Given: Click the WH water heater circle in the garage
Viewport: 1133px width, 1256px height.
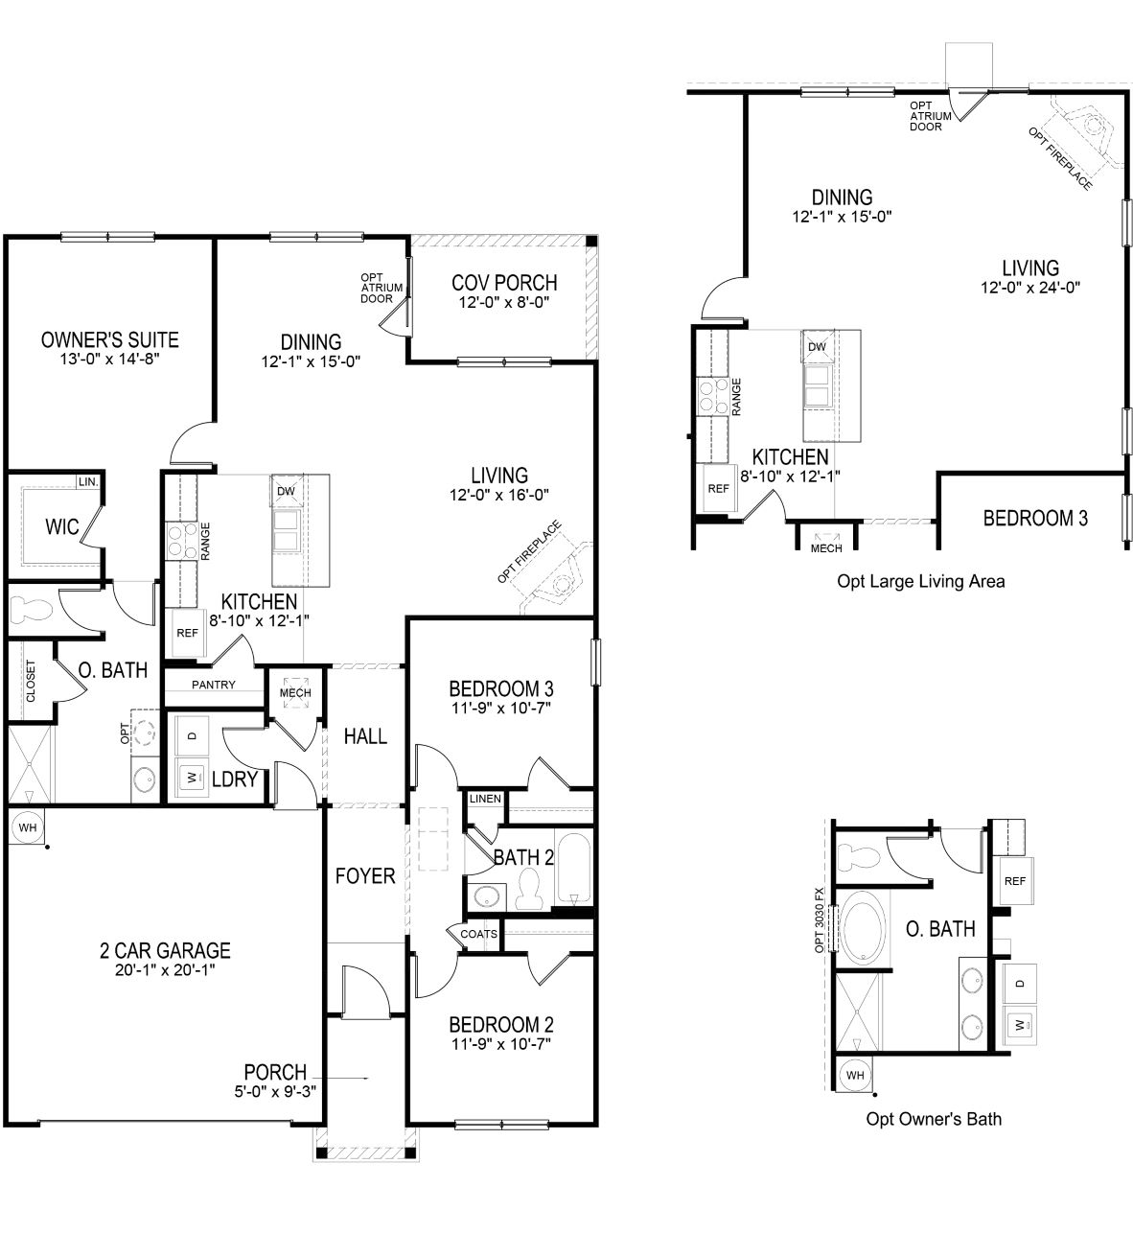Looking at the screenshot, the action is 28,827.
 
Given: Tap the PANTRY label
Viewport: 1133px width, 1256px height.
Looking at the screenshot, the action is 214,685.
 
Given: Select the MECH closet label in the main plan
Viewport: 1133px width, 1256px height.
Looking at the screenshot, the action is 295,693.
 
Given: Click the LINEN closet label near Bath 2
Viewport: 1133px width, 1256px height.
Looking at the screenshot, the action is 485,799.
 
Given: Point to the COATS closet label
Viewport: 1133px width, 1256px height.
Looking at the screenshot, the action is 479,934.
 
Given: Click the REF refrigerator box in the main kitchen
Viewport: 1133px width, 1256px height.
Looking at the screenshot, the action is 188,633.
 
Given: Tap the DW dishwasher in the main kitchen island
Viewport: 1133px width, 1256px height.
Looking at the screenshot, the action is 286,491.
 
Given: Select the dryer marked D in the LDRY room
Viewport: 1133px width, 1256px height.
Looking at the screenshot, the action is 192,735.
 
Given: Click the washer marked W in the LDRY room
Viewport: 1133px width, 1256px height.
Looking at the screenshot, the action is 192,778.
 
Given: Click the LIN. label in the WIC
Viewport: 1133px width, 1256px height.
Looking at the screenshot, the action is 87,481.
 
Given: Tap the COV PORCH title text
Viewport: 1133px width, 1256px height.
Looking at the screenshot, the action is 504,283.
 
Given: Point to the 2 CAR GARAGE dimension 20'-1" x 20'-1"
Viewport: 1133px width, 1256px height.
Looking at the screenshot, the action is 165,970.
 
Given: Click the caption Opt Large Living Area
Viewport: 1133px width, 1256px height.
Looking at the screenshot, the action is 921,582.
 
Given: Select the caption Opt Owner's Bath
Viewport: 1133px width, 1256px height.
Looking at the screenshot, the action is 934,1119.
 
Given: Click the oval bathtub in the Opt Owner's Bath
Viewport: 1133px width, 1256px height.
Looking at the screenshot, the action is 864,928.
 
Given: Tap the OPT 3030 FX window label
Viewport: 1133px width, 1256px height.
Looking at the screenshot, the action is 820,919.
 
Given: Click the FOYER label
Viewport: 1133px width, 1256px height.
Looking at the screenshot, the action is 365,876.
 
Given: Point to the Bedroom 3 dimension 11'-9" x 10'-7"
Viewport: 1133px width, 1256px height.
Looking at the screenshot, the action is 500,709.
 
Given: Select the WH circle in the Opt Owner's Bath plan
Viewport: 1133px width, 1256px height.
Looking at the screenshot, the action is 855,1076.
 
